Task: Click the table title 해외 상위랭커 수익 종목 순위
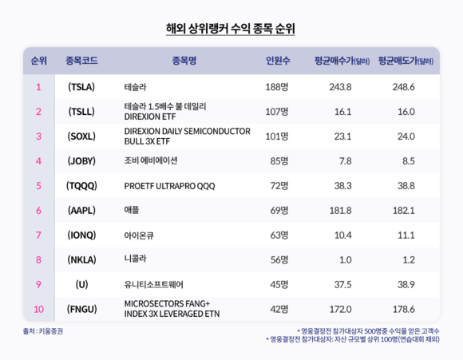pos(231,29)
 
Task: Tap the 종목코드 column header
pos(81,61)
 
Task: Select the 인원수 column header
pos(278,61)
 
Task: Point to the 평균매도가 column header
pos(406,61)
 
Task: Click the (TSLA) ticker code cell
pos(81,87)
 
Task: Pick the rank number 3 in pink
pos(38,136)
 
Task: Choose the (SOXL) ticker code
pos(81,136)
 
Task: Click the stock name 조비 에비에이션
pos(151,160)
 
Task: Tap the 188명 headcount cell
pos(277,87)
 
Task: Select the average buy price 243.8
pos(340,87)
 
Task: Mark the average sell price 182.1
pos(404,210)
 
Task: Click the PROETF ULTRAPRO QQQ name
pos(169,186)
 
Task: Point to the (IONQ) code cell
pos(81,235)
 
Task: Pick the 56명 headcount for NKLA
pos(279,259)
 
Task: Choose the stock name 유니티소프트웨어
pos(153,284)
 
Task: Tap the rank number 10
pos(38,309)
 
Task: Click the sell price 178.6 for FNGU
pos(404,309)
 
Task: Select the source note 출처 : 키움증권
pos(43,331)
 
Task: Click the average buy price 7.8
pos(345,161)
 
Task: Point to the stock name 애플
pos(132,210)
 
